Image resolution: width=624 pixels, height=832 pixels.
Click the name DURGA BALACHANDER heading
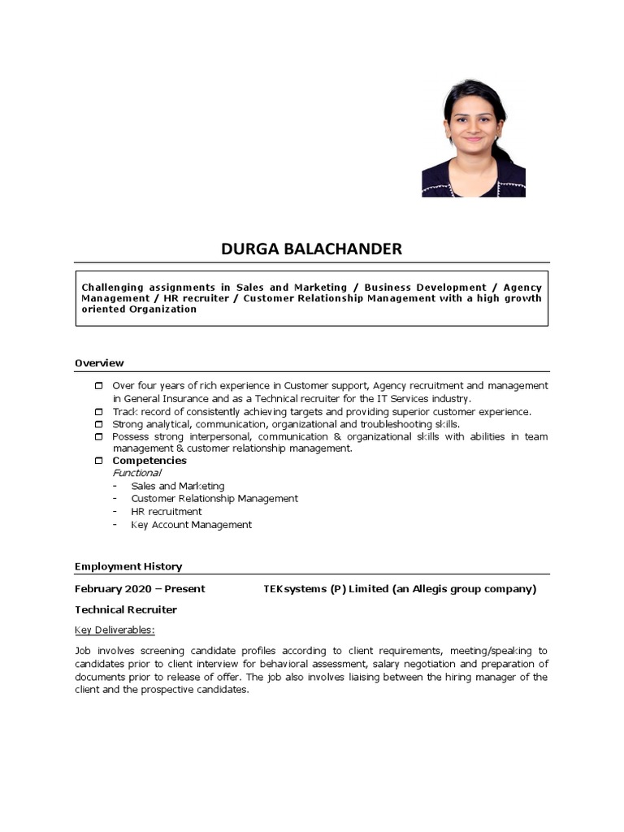311,249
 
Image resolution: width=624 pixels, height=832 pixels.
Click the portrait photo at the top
474,138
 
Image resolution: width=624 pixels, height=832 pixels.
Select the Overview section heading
99,362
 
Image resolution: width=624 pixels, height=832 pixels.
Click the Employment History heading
128,566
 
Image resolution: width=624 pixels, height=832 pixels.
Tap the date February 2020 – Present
140,588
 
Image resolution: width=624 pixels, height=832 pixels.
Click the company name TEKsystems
293,588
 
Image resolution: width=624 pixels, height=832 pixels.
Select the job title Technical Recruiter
126,609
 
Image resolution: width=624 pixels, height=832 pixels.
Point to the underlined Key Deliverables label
115,630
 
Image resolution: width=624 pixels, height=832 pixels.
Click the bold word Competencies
149,461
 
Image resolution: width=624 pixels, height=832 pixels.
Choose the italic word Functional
136,473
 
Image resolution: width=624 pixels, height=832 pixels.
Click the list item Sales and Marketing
178,486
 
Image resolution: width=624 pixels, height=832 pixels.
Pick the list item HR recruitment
167,512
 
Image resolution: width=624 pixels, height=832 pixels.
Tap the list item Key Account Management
192,525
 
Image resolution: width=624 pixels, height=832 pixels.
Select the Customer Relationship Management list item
214,499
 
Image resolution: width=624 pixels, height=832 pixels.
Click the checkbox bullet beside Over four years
99,385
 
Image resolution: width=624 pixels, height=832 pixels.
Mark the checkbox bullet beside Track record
99,412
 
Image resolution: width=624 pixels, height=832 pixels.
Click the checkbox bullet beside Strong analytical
99,424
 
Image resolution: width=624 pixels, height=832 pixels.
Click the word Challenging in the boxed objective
113,288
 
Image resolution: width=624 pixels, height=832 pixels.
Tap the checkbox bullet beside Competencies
99,461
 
